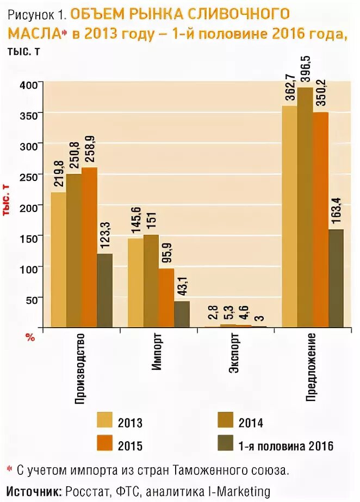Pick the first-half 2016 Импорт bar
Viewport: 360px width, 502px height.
[182, 314]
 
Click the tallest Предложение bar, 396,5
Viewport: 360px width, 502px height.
[306, 207]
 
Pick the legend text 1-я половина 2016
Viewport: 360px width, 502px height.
[285, 446]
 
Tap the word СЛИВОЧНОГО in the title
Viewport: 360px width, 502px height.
[240, 14]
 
